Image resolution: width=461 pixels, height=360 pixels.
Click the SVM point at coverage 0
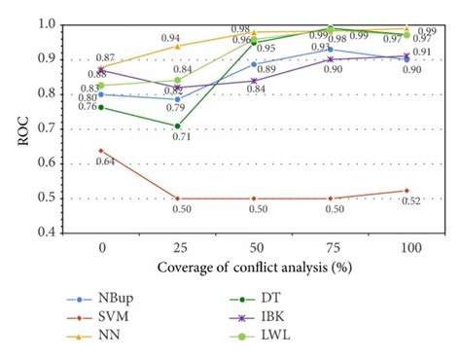[x=100, y=150]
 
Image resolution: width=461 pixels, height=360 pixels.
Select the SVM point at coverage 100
[x=406, y=191]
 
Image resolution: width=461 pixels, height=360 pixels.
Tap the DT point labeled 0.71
[x=176, y=126]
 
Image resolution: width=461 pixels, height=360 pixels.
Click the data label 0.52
[x=411, y=203]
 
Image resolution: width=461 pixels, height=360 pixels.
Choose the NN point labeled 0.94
[x=176, y=46]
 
